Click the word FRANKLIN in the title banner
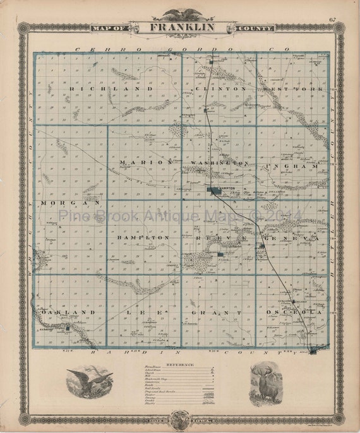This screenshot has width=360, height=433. [182, 27]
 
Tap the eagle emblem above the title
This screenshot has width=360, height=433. [181, 15]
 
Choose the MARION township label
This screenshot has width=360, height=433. [146, 162]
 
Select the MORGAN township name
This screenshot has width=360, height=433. [69, 203]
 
